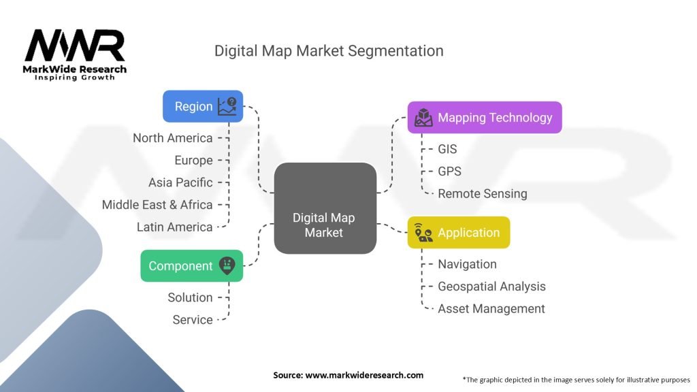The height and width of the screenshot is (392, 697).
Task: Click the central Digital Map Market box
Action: click(325, 209)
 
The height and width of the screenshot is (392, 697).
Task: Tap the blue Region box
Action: click(203, 106)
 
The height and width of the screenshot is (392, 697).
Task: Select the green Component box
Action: click(191, 265)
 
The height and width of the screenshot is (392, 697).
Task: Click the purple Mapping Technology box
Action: click(484, 117)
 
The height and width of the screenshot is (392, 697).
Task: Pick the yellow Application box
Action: click(458, 232)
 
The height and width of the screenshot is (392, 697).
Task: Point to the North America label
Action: click(173, 138)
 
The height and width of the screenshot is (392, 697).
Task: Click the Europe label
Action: click(193, 160)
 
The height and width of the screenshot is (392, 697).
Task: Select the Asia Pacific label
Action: click(180, 182)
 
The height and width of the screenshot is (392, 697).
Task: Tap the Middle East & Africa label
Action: click(157, 204)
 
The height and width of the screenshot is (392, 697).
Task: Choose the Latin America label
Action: click(174, 227)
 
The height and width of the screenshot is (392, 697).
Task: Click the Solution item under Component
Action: click(190, 297)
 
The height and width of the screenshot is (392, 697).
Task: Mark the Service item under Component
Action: click(193, 319)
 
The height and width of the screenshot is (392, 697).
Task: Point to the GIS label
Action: click(447, 149)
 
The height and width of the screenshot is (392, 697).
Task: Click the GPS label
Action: click(449, 171)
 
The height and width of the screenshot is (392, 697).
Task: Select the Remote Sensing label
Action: click(482, 193)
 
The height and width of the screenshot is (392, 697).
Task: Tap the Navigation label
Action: click(467, 264)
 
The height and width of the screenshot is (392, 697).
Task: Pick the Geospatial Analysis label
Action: click(491, 287)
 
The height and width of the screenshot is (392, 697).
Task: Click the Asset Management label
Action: click(491, 308)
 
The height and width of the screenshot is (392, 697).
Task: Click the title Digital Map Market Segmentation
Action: click(329, 51)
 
